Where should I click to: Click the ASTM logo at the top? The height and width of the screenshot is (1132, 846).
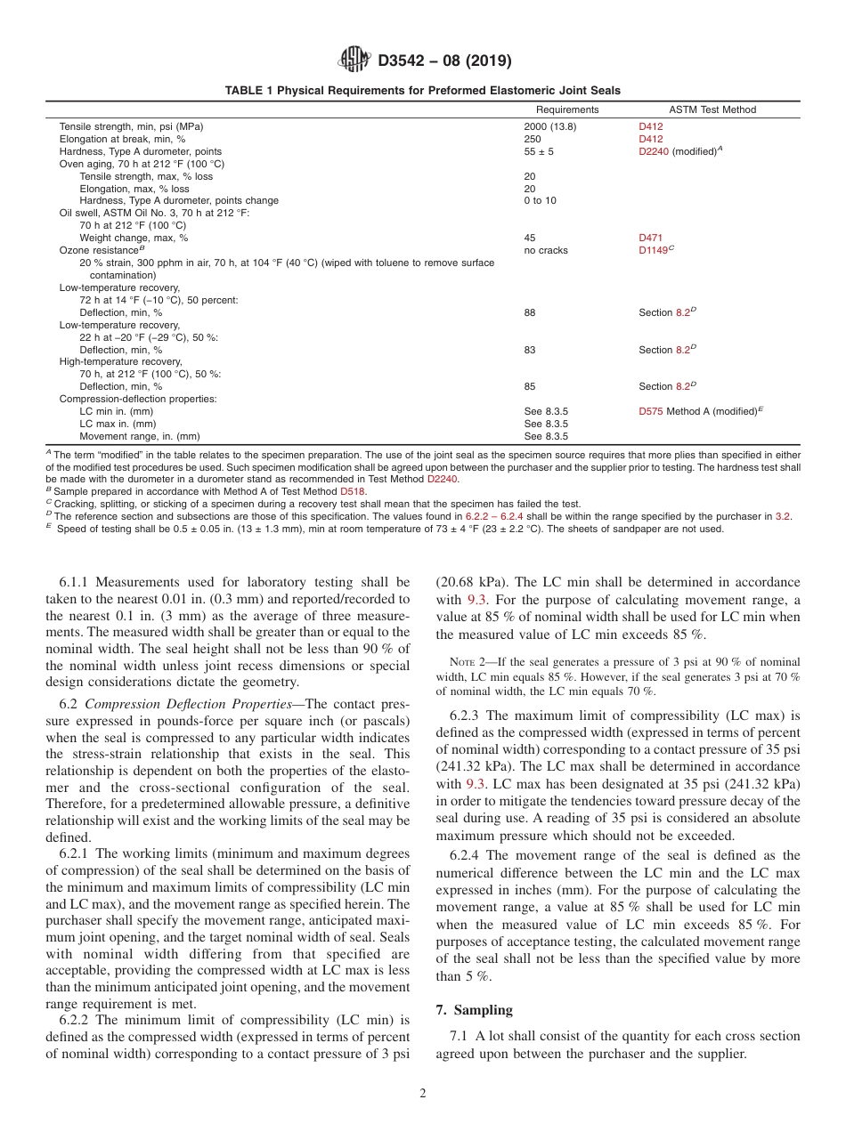(x=355, y=61)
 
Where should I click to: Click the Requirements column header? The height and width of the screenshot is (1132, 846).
(x=561, y=109)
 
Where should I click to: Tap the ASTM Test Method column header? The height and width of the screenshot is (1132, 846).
(x=700, y=109)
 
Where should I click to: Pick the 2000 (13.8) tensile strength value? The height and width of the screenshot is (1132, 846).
(x=549, y=126)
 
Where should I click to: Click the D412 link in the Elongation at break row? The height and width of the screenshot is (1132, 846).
(x=650, y=139)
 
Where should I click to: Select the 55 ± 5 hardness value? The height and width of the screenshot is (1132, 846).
(x=539, y=151)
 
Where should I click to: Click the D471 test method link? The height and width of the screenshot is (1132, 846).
(x=650, y=238)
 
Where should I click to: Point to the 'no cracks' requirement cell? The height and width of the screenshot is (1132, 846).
(x=545, y=250)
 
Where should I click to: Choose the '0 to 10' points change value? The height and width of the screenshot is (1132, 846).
(x=540, y=200)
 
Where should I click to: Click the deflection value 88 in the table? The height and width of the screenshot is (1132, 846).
(x=530, y=312)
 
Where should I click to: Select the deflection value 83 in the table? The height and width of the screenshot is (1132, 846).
(x=530, y=350)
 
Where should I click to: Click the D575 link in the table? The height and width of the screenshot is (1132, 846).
(x=650, y=411)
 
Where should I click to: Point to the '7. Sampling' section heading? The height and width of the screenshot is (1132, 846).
(x=474, y=1010)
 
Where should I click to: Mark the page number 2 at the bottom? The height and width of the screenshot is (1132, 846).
(x=423, y=1094)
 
